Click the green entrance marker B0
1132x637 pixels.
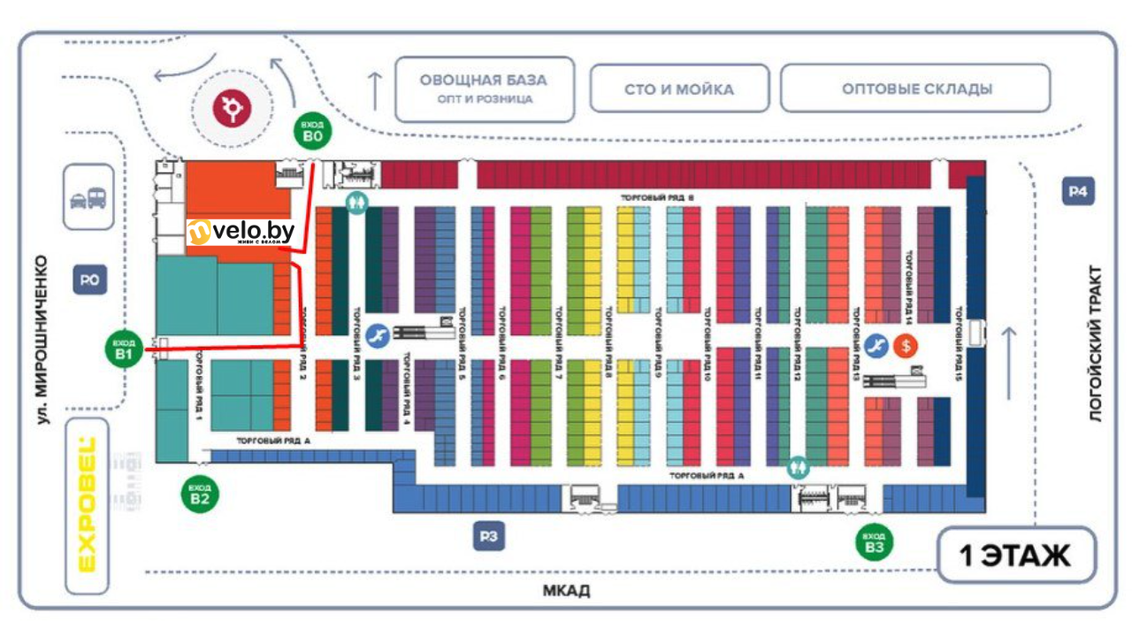point(311,133)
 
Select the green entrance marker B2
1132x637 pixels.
point(200,493)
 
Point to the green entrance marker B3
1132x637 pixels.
point(875,541)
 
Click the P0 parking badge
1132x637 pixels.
point(88,282)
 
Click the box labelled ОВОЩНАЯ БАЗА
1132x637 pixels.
point(483,88)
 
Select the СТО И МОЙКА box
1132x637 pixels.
point(679,88)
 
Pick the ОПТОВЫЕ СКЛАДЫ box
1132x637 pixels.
point(916,88)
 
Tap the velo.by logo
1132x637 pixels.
point(241,232)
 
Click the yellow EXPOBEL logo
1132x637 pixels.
point(87,506)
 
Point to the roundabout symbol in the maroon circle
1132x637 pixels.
point(233,107)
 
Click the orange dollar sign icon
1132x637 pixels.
point(905,346)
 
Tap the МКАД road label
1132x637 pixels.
point(566,591)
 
